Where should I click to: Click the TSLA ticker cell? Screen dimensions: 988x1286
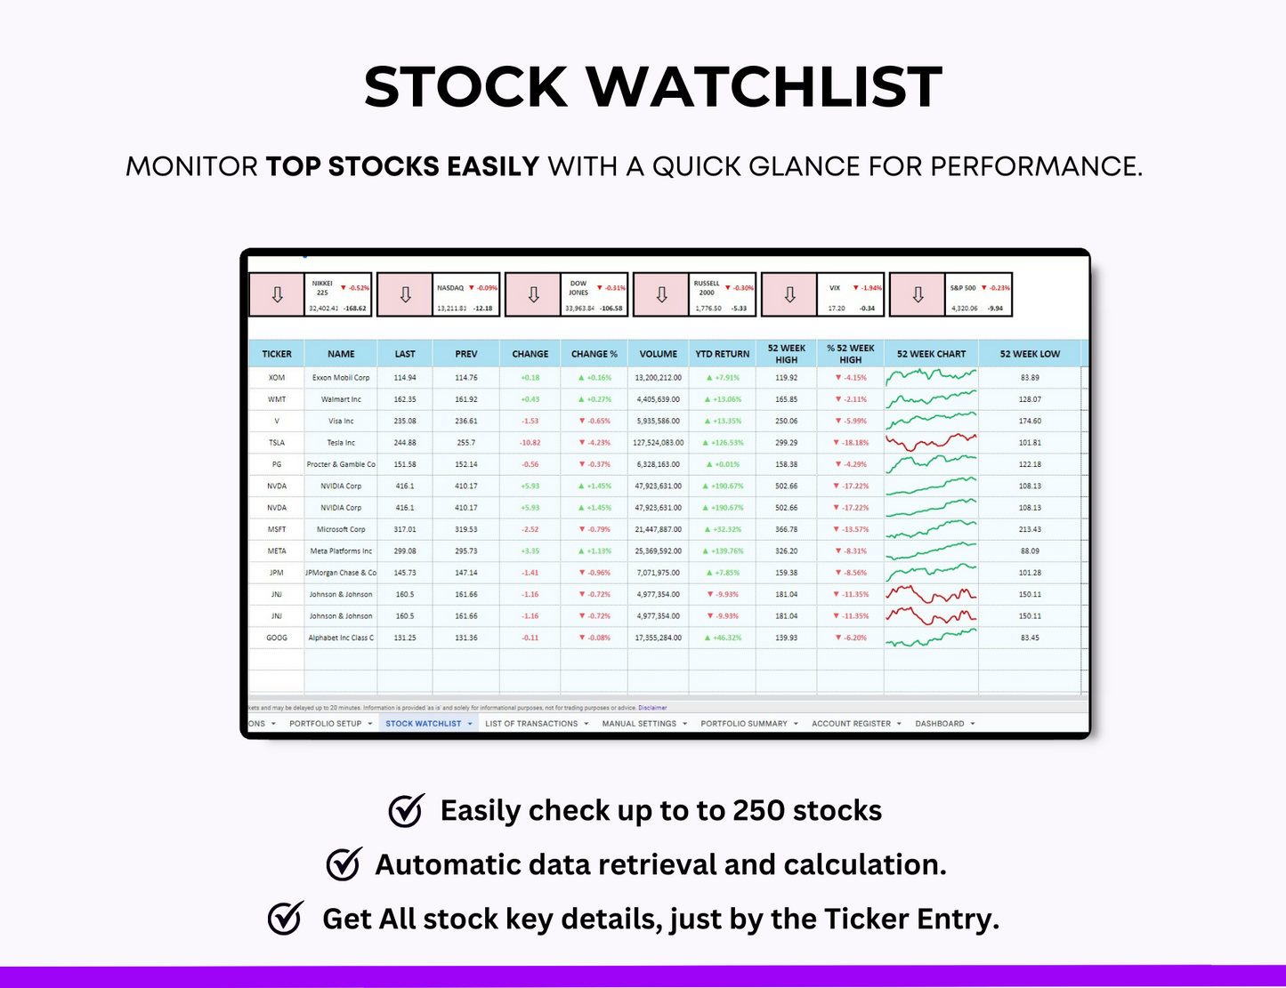(x=277, y=443)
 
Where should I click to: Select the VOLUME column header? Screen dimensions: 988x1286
(x=658, y=354)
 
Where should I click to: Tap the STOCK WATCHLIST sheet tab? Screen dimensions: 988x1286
(x=424, y=724)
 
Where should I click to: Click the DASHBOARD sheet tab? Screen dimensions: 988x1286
(x=940, y=724)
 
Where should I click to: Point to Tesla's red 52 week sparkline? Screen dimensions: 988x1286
(x=931, y=441)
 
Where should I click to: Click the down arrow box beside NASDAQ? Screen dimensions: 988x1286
(x=405, y=295)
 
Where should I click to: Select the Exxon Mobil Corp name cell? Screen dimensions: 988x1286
(x=341, y=378)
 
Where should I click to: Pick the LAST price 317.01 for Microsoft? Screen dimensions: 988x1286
(x=405, y=529)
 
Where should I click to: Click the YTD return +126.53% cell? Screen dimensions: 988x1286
(x=723, y=443)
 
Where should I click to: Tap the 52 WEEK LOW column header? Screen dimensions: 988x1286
(x=1030, y=354)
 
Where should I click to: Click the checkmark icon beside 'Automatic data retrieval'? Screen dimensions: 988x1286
(x=344, y=864)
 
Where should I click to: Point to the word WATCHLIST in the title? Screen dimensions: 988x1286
(x=764, y=87)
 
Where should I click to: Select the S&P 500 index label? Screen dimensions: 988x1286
(x=963, y=288)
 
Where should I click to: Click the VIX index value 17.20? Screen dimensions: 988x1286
(x=837, y=309)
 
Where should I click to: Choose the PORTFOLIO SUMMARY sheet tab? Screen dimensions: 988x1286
(x=744, y=724)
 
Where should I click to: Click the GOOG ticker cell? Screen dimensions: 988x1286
(x=277, y=638)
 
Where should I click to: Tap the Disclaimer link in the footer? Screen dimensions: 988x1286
(x=652, y=708)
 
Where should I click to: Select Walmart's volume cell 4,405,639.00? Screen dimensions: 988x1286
(x=658, y=399)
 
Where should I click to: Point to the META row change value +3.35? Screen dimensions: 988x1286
(x=530, y=551)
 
